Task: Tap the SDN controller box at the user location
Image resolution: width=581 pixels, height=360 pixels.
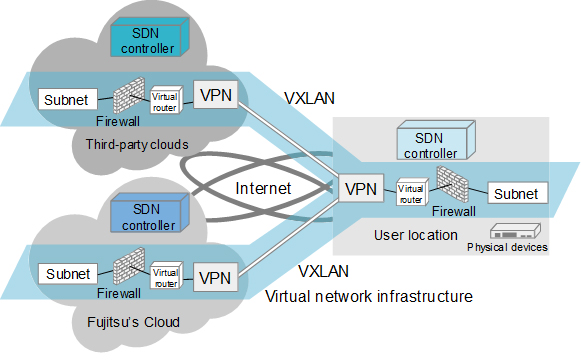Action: [433, 144]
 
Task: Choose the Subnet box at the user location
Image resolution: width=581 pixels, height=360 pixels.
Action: [516, 194]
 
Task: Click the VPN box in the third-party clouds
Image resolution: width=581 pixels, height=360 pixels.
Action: [216, 96]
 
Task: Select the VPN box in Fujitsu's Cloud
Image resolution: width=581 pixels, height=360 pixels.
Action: [216, 275]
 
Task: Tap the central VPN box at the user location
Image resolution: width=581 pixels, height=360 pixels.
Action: [360, 188]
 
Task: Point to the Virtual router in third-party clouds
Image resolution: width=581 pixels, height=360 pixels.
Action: [164, 100]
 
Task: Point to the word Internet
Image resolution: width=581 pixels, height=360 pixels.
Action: [264, 188]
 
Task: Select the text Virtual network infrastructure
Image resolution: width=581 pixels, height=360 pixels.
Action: [368, 296]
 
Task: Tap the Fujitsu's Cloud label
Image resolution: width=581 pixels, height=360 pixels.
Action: [132, 322]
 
